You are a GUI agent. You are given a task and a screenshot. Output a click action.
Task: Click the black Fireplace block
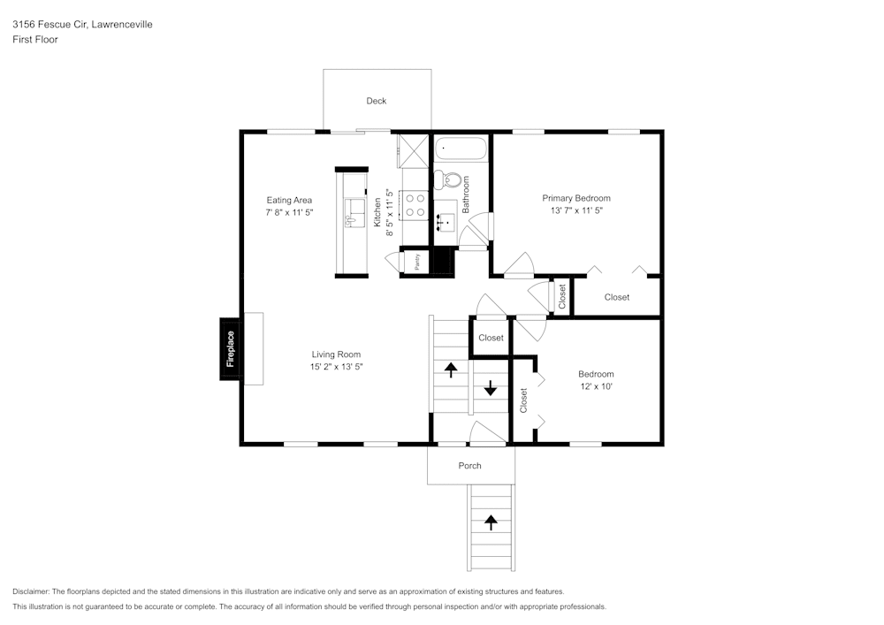point(231,348)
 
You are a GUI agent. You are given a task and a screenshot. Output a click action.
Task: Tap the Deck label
point(377,101)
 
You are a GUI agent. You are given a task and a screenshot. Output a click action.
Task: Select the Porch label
point(470,466)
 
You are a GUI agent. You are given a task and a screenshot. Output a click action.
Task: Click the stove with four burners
point(415,205)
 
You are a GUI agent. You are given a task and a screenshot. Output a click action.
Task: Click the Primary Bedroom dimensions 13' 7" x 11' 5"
point(576,211)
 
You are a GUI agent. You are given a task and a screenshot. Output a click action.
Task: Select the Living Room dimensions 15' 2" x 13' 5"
point(336,366)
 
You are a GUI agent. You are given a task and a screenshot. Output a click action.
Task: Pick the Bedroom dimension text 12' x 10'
point(596,386)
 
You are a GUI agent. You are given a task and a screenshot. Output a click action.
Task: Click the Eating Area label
point(289,201)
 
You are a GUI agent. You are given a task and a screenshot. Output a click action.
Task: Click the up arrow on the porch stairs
point(491,522)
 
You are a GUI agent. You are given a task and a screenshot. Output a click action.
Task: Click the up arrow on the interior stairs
point(451,369)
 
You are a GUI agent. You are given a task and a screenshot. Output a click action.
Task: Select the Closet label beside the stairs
point(491,338)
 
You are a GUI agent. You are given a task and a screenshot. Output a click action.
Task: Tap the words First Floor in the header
point(35,40)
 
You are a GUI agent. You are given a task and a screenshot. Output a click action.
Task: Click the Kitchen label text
point(377,212)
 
